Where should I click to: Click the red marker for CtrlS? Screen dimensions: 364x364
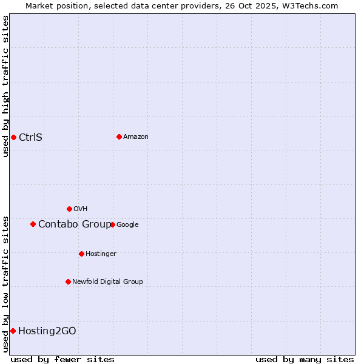coord(13,137)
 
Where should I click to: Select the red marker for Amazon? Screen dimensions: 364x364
coord(119,136)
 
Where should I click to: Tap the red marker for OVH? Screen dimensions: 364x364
coord(69,209)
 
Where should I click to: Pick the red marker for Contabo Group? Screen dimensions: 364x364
coord(33,224)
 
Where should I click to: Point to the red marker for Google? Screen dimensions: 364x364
coord(112,224)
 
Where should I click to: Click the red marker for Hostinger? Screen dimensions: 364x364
coord(81,254)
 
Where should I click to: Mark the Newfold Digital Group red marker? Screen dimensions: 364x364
coord(68,281)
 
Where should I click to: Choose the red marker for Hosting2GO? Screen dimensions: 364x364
coord(13,331)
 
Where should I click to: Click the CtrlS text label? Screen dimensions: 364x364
coord(30,137)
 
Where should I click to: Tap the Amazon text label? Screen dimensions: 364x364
coord(136,136)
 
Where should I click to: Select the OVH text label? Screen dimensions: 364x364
coord(81,209)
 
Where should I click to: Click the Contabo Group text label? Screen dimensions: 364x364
coord(74,224)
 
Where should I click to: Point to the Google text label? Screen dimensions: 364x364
coord(127,224)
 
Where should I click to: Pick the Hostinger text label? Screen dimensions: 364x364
coord(101,254)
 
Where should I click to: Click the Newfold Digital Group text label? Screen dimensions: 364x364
coord(107,281)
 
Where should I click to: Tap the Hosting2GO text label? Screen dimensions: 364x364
coord(47,331)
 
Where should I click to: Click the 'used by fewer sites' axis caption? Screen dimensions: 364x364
coord(62,359)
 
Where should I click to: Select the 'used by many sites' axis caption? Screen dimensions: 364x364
coord(305,359)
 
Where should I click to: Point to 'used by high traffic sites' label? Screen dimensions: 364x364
coord(5,86)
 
